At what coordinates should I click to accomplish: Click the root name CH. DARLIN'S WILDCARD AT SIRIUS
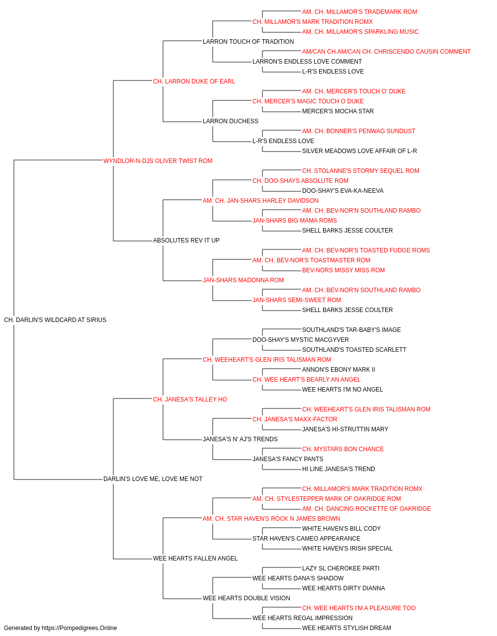55,320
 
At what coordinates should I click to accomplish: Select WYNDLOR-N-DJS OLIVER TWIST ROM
158,161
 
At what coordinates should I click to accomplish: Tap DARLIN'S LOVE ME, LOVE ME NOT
153,479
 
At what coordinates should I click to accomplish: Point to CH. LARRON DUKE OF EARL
194,81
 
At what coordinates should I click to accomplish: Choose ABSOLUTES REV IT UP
186,240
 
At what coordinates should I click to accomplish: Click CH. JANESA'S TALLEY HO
190,399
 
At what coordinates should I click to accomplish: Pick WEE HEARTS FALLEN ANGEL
195,558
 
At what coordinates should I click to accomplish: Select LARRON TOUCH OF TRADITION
248,42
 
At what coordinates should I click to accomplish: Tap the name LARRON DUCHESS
231,121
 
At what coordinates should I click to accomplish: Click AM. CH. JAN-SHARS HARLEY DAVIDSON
260,201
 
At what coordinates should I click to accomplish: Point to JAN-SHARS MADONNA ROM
243,280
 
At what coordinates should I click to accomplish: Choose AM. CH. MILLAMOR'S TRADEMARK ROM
359,12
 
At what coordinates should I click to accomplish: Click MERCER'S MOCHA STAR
338,111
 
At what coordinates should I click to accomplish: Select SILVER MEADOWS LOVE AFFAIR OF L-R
359,151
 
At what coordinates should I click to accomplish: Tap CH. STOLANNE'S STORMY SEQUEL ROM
361,171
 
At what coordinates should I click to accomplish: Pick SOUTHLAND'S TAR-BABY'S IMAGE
351,330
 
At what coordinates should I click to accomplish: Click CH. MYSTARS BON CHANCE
343,449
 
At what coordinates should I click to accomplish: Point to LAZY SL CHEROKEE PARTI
341,568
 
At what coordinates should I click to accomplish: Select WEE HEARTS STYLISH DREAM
346,628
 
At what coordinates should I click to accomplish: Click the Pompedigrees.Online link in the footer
80,628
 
